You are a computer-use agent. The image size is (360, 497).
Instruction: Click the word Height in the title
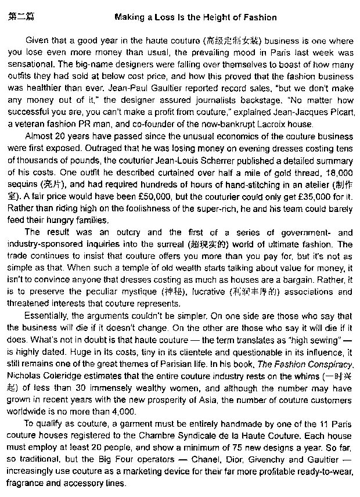pyautogui.click(x=213, y=17)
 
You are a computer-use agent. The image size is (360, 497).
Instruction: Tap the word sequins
pyautogui.click(x=24, y=183)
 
